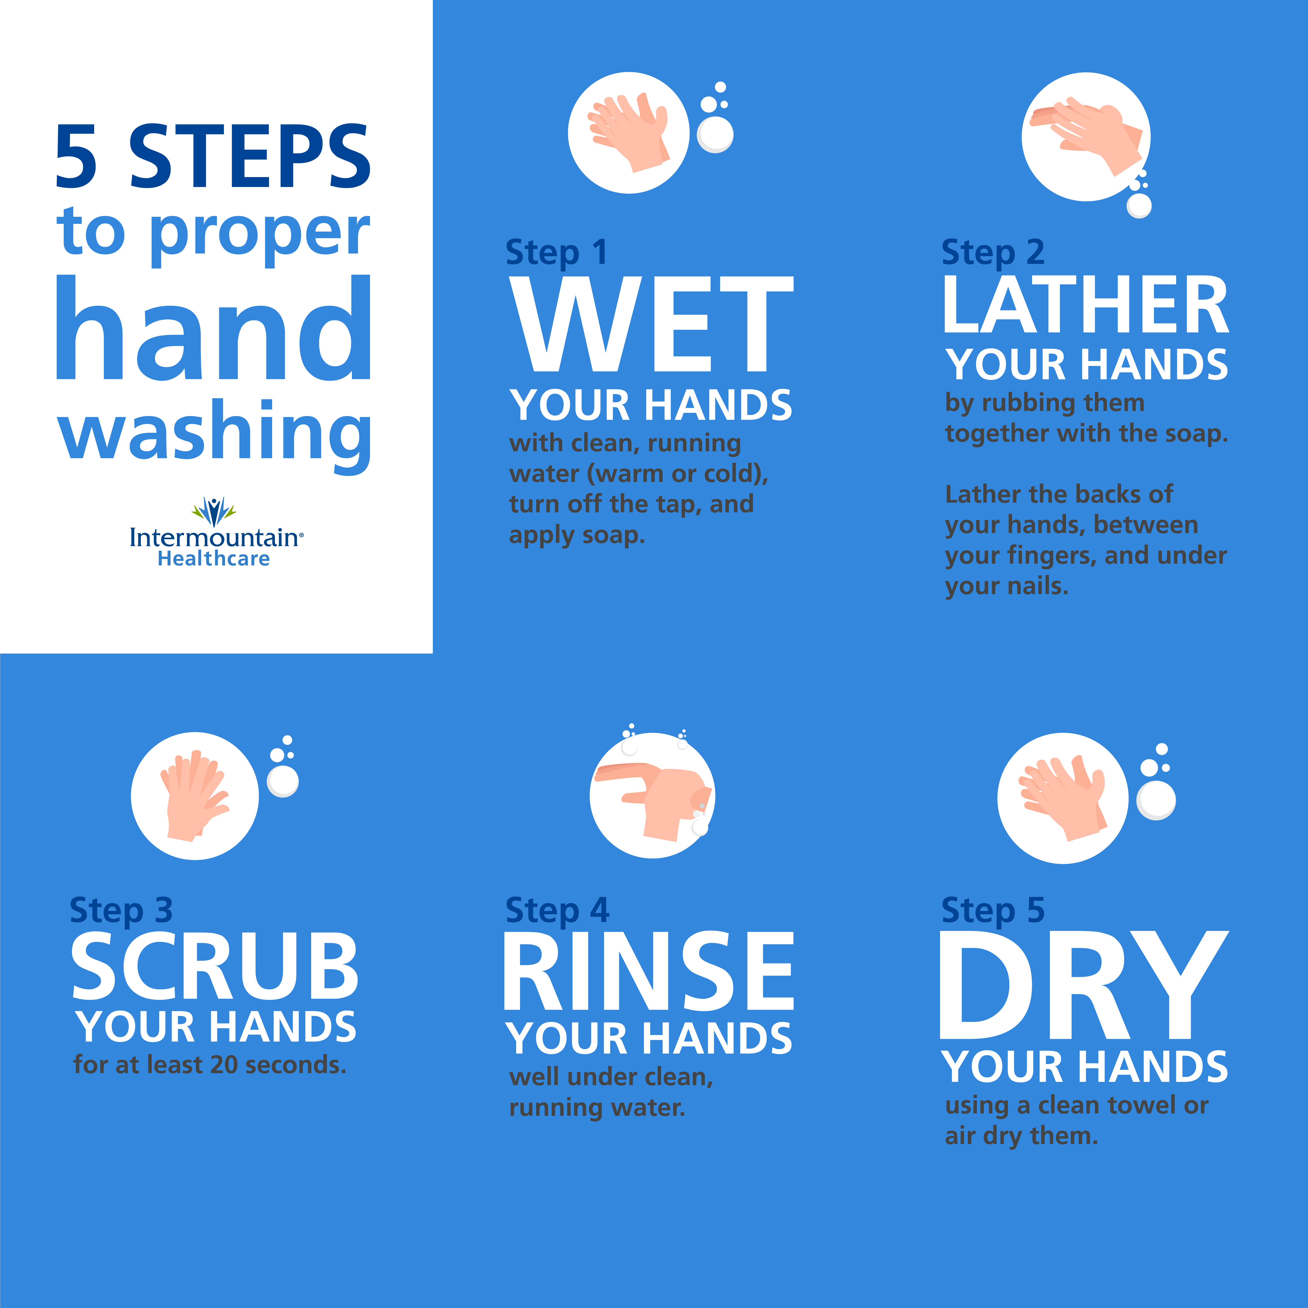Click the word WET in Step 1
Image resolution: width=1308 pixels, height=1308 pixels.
[x=651, y=324]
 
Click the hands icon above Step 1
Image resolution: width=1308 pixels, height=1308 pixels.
[x=628, y=133]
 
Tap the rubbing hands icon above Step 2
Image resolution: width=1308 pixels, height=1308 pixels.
[x=1086, y=137]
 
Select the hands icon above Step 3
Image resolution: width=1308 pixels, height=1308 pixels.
[x=195, y=795]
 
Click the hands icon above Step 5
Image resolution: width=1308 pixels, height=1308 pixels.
[x=1063, y=798]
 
